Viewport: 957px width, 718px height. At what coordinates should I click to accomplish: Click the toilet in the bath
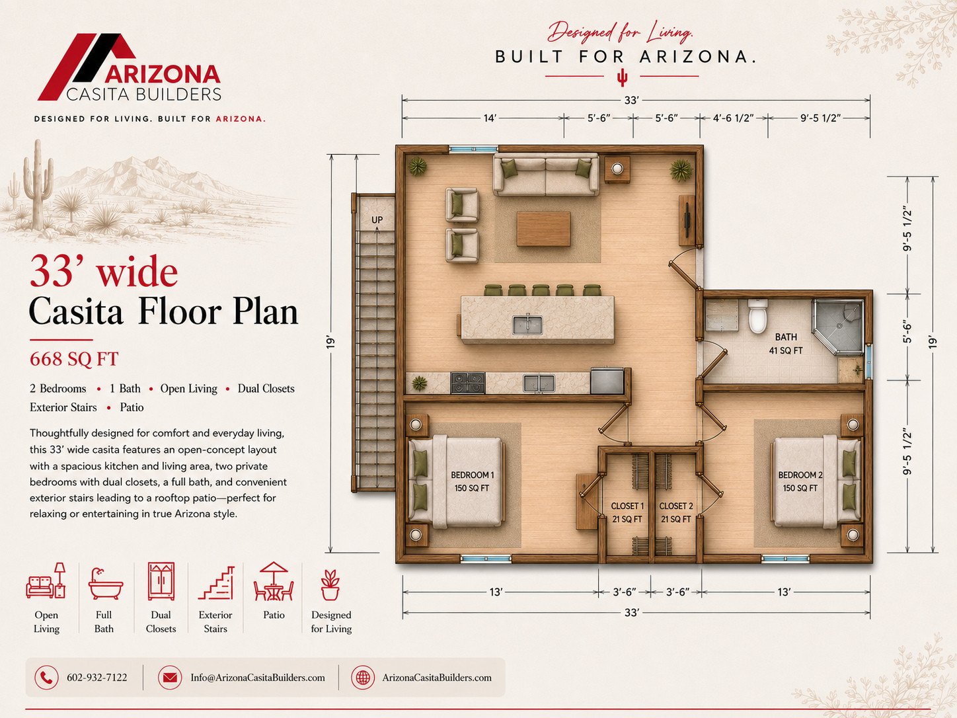[x=758, y=316]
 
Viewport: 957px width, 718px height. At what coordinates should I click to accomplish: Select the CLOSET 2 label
[x=676, y=506]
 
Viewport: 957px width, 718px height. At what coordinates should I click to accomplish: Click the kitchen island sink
[x=527, y=325]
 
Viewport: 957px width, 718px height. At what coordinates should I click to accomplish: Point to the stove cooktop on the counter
[x=468, y=383]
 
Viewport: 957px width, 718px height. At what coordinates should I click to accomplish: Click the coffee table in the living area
[x=543, y=229]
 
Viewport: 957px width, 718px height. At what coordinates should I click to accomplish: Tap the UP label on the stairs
[x=377, y=220]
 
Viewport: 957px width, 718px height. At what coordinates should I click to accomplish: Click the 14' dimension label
[x=490, y=118]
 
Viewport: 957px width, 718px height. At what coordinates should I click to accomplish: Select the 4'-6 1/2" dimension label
[x=734, y=118]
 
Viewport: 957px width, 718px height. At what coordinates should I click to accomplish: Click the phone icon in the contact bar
[x=46, y=678]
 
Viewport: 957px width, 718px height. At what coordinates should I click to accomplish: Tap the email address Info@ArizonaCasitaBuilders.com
[x=258, y=678]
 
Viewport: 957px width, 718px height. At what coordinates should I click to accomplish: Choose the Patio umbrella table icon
[x=274, y=582]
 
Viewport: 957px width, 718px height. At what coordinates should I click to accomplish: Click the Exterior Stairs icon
[x=216, y=583]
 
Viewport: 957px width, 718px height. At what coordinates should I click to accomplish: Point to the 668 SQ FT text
[x=74, y=359]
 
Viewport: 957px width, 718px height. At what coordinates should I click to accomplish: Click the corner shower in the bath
[x=837, y=326]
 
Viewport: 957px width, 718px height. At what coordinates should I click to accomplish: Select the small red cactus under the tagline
[x=622, y=77]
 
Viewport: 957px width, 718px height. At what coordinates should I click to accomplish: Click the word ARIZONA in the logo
[x=162, y=74]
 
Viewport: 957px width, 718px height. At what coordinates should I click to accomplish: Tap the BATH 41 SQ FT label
[x=786, y=344]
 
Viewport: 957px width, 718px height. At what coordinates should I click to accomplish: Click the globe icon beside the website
[x=363, y=678]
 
